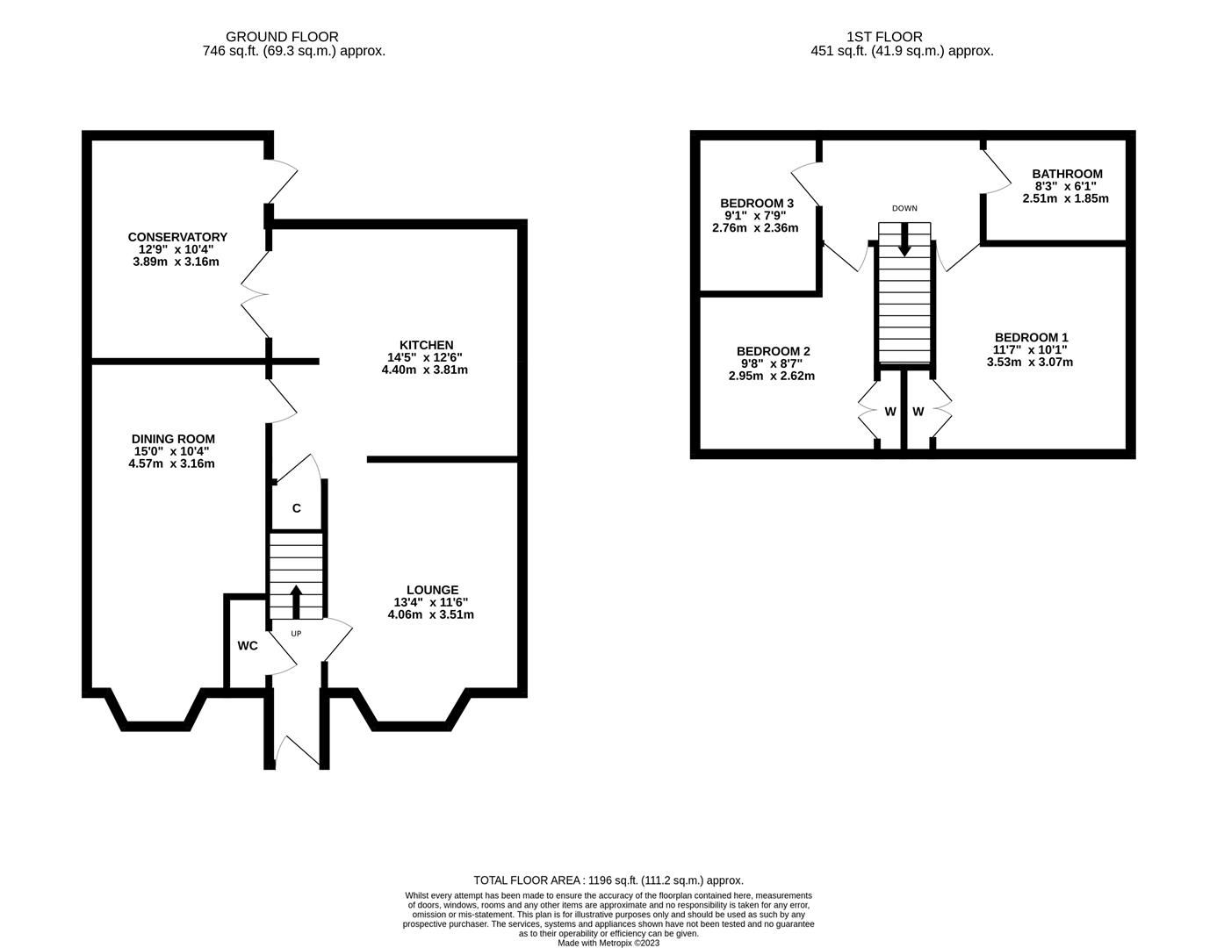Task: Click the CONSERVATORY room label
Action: (177, 237)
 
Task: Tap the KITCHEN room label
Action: (426, 345)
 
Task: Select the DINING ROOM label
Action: (173, 439)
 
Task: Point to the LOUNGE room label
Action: (432, 590)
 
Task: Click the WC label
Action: (248, 646)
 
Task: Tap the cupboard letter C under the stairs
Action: (297, 508)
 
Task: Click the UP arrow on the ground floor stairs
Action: (295, 601)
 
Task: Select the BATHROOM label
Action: (1067, 174)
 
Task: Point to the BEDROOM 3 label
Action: (757, 203)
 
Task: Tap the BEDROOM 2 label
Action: (773, 351)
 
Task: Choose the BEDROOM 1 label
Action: (1031, 337)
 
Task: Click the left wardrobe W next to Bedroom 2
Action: (889, 412)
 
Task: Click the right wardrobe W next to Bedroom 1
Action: (918, 412)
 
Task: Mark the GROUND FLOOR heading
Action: (282, 37)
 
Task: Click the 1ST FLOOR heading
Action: (884, 37)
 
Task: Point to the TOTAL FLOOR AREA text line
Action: (608, 880)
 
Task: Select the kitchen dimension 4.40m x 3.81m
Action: (424, 370)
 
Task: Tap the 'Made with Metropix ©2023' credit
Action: (608, 944)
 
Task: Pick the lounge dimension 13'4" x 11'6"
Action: (430, 602)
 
